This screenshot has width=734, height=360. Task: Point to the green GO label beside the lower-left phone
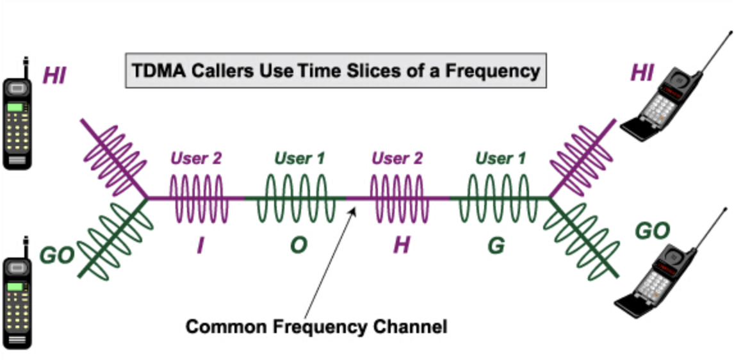pos(56,256)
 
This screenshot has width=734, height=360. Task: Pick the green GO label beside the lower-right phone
pos(651,231)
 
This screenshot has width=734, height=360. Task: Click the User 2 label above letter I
pos(196,158)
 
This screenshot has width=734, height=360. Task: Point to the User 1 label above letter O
pos(299,158)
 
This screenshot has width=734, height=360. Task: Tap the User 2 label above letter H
pos(397,158)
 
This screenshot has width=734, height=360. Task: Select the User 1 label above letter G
pos(500,158)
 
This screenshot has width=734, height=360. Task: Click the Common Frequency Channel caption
pos(316,327)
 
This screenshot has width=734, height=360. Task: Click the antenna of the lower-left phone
pos(26,247)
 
